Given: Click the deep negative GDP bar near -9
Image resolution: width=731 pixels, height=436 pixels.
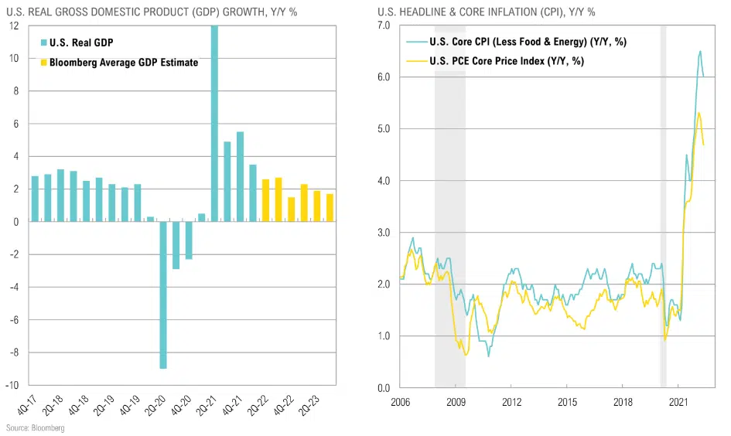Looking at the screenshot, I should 163,295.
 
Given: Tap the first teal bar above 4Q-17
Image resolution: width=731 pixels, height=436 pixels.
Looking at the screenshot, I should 35,199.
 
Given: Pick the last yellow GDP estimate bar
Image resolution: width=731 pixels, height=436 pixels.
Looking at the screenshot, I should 330,208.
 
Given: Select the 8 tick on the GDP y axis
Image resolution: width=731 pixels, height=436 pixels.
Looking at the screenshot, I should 15,91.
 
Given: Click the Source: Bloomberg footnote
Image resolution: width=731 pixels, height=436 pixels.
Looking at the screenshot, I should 35,427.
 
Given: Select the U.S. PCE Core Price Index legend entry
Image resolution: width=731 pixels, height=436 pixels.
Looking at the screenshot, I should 500,60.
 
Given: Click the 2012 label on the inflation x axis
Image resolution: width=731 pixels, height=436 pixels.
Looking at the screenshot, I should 511,403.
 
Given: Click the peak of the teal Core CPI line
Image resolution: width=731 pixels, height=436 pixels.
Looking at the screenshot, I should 700,52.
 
